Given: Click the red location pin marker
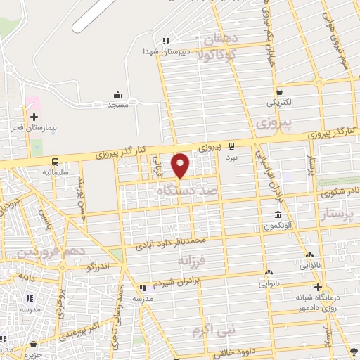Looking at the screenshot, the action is (x=181, y=165).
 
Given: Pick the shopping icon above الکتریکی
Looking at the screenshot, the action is (x=280, y=91).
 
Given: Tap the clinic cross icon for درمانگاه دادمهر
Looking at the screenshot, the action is (x=318, y=287).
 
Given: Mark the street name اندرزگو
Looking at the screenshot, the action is (x=96, y=267).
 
